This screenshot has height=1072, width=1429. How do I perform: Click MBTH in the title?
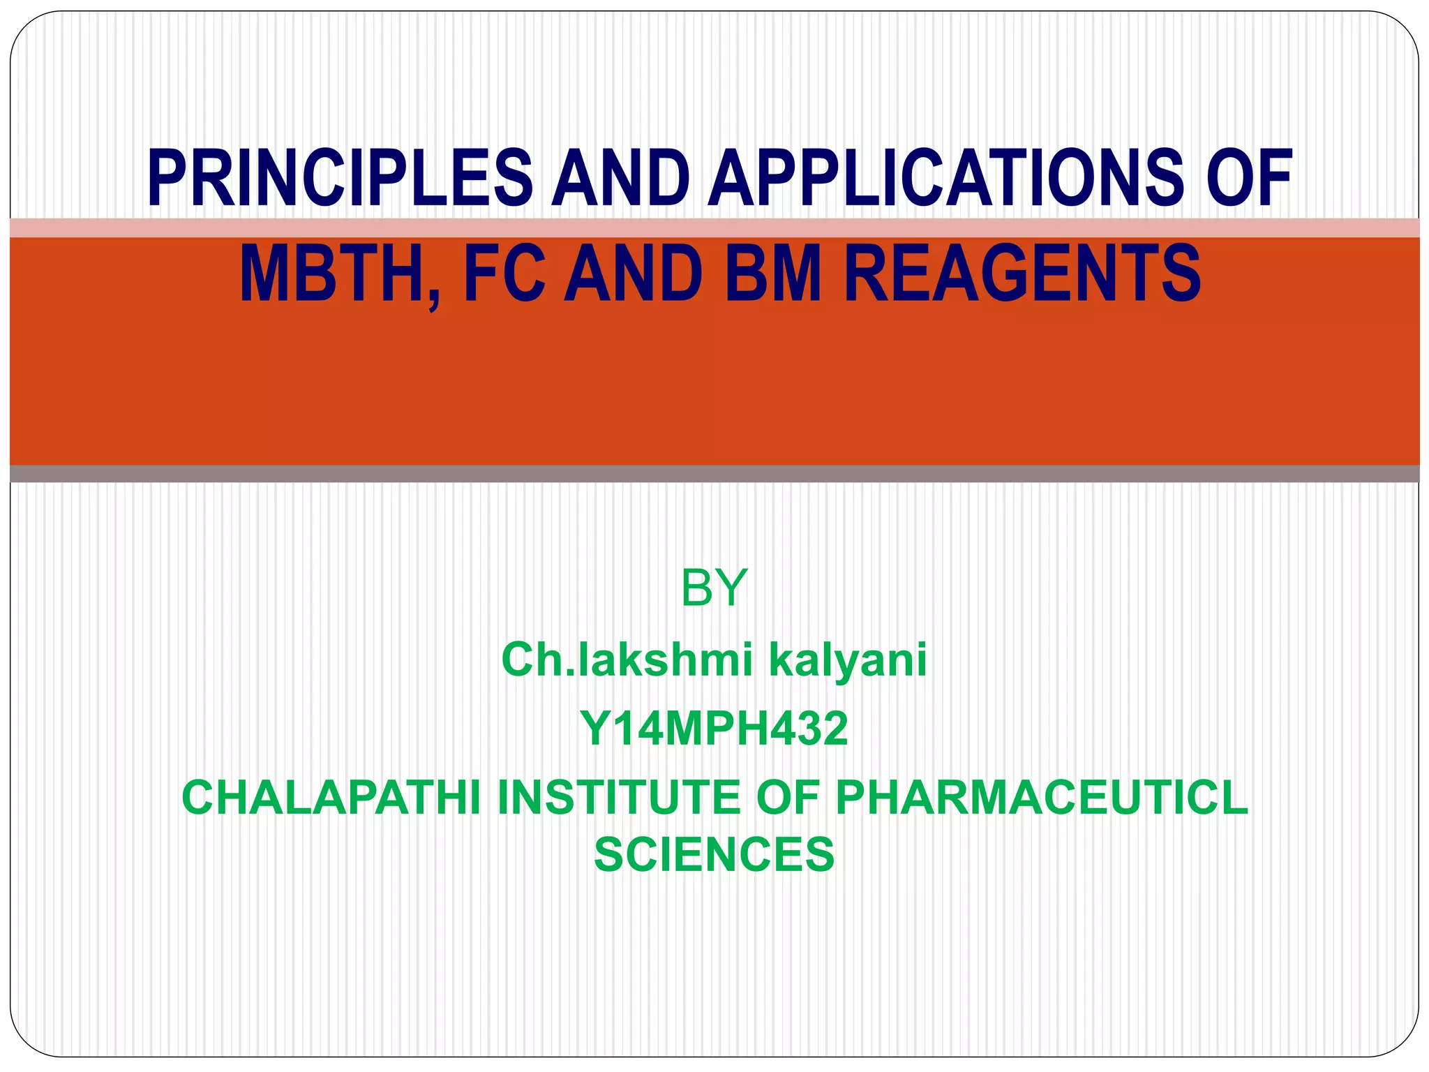(x=332, y=274)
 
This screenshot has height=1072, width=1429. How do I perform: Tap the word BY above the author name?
(x=714, y=588)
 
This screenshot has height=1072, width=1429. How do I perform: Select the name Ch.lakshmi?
(x=627, y=660)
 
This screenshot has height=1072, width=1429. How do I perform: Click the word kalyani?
(x=848, y=660)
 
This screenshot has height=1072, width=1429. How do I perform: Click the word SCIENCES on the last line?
(x=714, y=855)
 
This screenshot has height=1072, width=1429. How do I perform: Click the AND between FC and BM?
(x=632, y=274)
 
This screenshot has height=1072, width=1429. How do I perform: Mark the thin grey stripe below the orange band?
(x=714, y=474)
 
